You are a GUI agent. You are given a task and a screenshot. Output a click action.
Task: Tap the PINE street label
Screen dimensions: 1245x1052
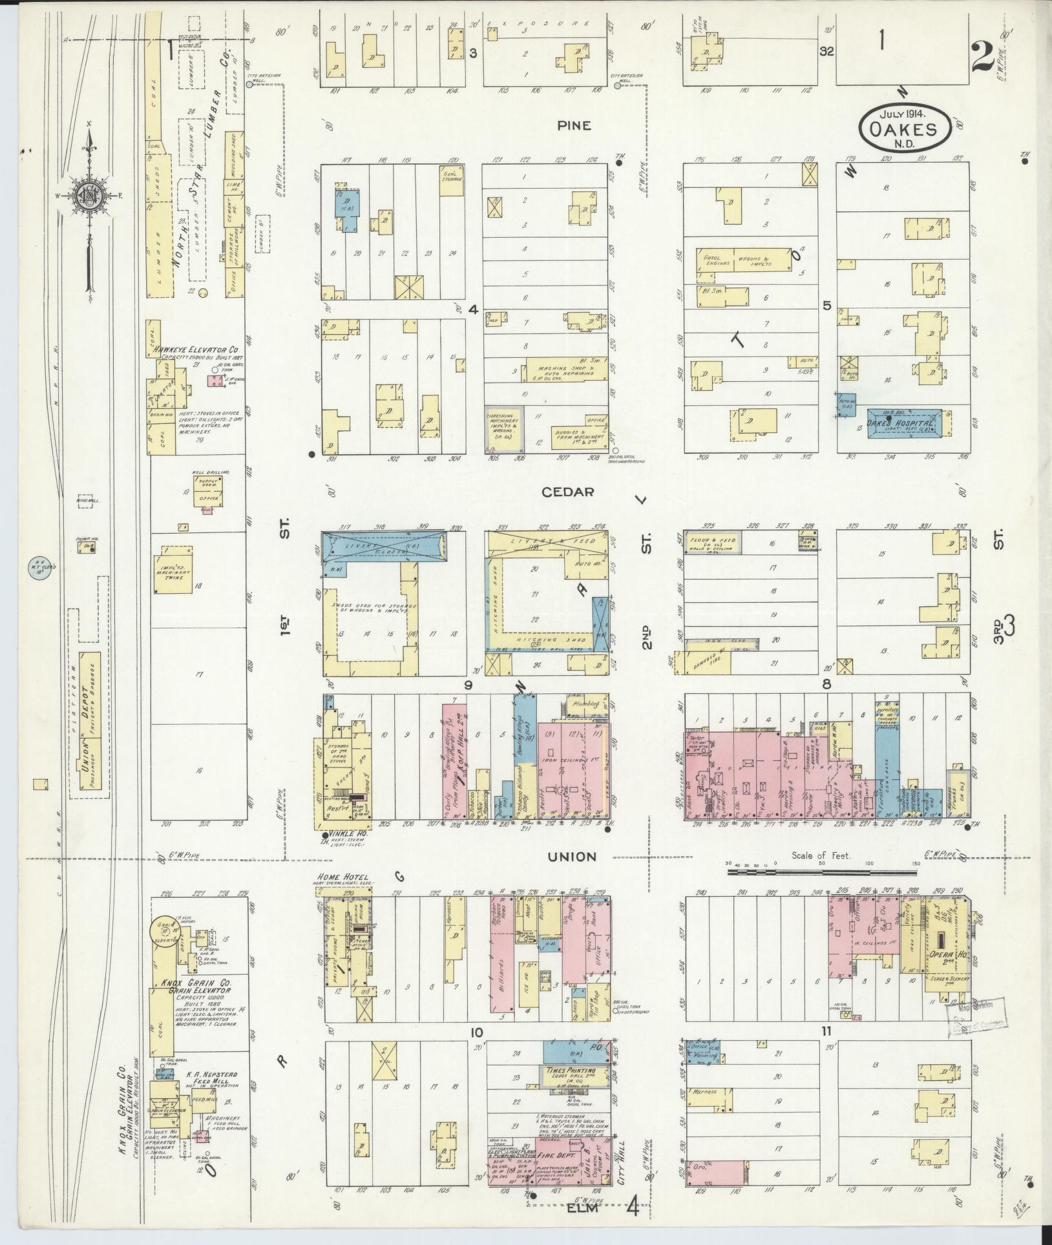[x=574, y=125]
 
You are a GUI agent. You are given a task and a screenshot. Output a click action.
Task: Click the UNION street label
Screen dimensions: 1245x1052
[x=571, y=857]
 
